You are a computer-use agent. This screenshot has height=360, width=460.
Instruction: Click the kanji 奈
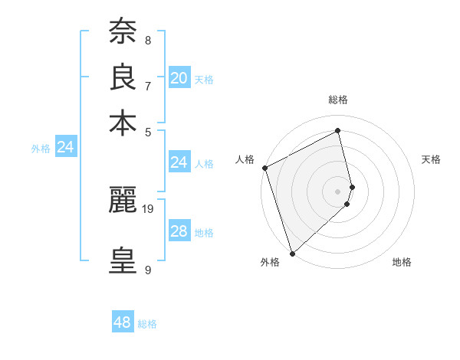(123, 32)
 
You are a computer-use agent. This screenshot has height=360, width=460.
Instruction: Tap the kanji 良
(123, 77)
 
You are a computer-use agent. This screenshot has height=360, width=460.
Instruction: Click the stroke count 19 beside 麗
(149, 208)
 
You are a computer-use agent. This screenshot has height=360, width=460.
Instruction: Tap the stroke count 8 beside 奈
(148, 40)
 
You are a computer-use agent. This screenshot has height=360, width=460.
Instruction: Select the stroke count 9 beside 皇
(148, 270)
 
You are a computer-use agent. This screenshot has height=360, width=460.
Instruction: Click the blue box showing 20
(179, 78)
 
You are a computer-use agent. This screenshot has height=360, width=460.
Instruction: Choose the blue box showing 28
(179, 231)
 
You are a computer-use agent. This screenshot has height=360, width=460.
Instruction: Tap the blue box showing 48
(123, 322)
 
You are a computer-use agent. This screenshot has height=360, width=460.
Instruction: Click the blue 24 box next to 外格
(66, 147)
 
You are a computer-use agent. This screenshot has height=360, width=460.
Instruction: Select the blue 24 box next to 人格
(179, 162)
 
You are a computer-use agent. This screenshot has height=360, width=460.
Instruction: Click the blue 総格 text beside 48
(147, 324)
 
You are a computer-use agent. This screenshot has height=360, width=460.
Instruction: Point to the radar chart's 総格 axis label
(337, 100)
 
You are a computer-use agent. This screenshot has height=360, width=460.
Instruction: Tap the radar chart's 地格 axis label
(402, 263)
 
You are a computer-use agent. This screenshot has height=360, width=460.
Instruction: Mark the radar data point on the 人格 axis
(264, 168)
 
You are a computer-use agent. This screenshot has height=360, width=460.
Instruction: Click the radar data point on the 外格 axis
(292, 253)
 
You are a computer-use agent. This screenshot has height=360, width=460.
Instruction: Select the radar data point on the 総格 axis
(337, 130)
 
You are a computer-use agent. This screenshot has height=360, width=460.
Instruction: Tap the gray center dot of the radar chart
(337, 191)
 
